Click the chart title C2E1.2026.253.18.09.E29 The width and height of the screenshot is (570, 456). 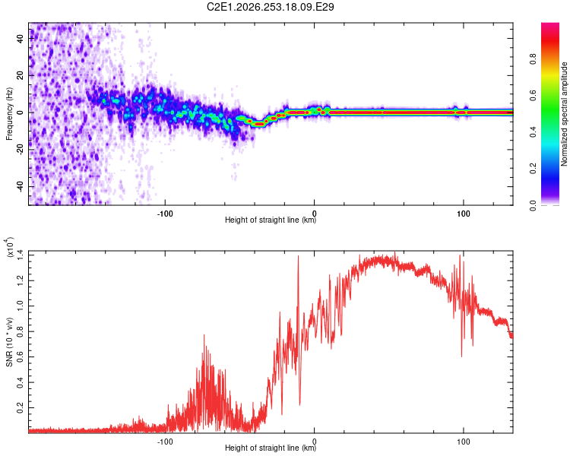(270, 7)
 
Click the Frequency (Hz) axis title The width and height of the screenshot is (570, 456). (9, 114)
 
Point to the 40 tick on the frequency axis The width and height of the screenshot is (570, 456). (20, 38)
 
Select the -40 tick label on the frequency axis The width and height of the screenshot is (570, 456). (20, 186)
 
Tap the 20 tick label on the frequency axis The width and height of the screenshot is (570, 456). (20, 75)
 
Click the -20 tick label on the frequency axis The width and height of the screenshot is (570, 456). (20, 150)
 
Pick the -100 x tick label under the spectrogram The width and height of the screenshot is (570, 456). (165, 214)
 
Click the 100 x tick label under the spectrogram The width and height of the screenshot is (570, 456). (464, 214)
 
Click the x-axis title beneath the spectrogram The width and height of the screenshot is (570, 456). (271, 220)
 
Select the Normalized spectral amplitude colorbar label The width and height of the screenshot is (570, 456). (564, 114)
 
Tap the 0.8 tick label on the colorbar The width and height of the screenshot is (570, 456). (534, 59)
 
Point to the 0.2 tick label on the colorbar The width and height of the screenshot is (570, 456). (534, 169)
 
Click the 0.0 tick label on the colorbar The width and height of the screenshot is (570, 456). (534, 205)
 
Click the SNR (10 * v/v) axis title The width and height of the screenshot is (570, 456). (9, 342)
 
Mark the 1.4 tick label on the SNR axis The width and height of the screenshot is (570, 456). (20, 255)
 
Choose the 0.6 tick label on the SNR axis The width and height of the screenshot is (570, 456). (20, 356)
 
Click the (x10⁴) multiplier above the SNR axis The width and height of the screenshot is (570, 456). (9, 247)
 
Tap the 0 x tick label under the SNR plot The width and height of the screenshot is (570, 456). (315, 442)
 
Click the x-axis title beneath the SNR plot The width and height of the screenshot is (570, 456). (271, 448)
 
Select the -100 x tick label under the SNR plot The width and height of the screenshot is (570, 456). (165, 442)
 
